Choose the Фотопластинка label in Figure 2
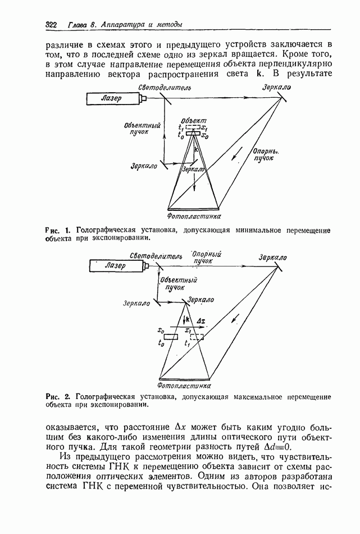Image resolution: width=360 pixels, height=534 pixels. [x=185, y=386]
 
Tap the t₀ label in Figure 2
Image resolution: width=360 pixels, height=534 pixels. [x=162, y=342]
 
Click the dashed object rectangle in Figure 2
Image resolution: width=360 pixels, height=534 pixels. [x=196, y=337]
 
